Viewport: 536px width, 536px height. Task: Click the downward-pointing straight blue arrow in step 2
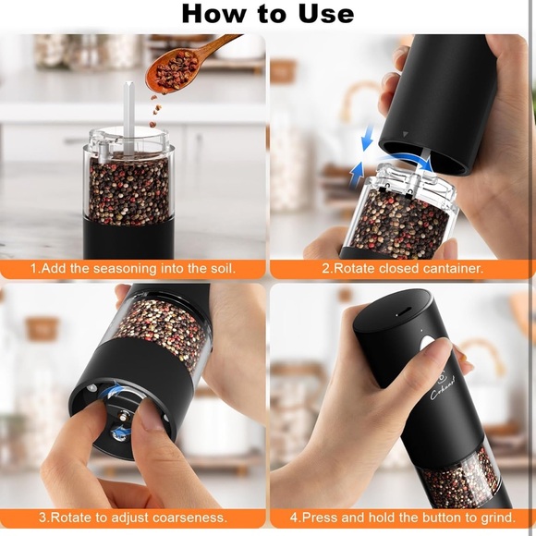coord(367,139)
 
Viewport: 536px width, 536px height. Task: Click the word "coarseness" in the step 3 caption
coord(185,517)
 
